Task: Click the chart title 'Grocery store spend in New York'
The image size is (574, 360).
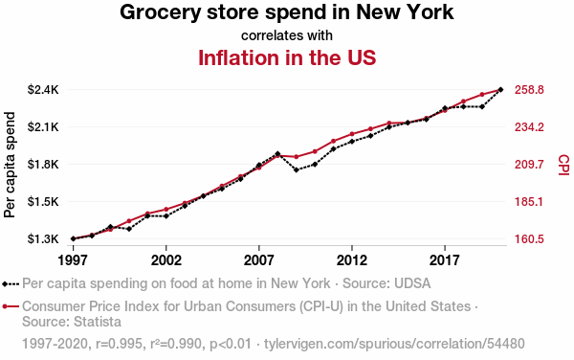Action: click(x=287, y=12)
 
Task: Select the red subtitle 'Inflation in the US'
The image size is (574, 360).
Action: click(x=287, y=57)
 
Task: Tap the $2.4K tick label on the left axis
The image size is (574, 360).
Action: click(x=43, y=89)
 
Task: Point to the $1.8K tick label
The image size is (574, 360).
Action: click(x=43, y=164)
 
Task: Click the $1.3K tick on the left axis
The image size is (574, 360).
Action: click(x=43, y=238)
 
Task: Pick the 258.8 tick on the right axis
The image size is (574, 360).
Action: click(x=529, y=89)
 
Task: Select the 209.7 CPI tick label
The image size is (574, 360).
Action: click(x=529, y=165)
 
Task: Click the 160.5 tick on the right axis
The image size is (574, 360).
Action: click(x=529, y=239)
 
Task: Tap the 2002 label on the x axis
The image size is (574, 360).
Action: click(x=166, y=260)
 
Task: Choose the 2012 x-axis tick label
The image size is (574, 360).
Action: click(x=352, y=260)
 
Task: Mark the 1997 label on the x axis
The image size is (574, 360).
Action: click(x=74, y=260)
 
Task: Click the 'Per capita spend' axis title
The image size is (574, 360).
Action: click(x=10, y=165)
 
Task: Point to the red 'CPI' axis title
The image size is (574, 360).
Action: click(x=564, y=165)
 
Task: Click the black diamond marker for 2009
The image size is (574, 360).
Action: click(x=297, y=169)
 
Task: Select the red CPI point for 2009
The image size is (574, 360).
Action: click(x=297, y=157)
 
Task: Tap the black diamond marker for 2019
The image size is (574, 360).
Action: click(x=482, y=107)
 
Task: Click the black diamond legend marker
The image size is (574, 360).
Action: click(x=5, y=283)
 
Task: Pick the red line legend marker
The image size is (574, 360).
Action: click(x=11, y=306)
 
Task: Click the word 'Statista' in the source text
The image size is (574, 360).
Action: click(x=98, y=322)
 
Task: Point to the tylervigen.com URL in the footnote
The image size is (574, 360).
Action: click(x=394, y=344)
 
